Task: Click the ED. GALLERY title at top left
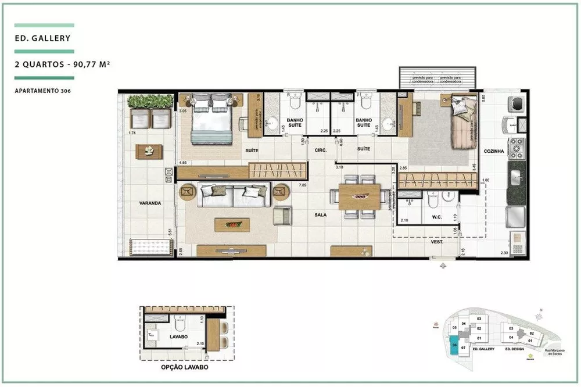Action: (44, 39)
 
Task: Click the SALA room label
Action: (320, 214)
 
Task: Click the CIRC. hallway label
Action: (320, 150)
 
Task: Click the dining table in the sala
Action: (359, 196)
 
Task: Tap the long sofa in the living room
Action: (232, 195)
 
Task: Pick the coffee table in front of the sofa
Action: (232, 224)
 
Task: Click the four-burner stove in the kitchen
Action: (517, 149)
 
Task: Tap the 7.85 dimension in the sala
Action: (302, 185)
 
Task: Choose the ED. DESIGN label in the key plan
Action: (515, 350)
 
